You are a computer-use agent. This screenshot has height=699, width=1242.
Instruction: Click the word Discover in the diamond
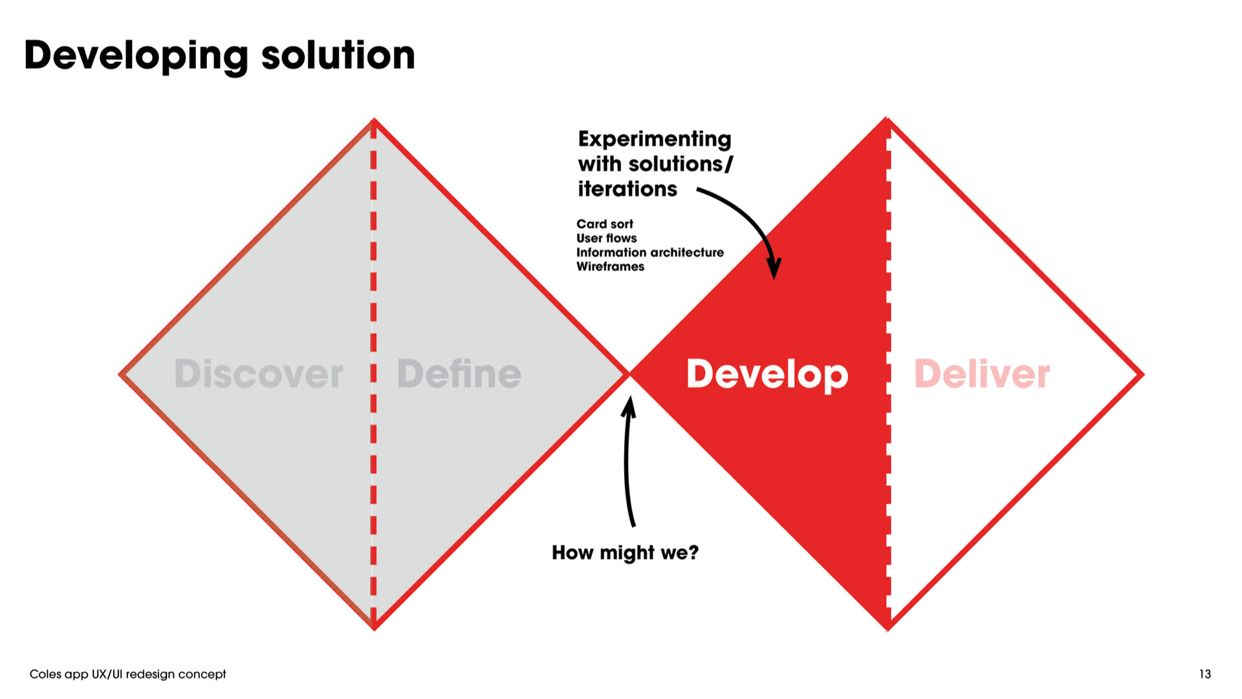(x=259, y=374)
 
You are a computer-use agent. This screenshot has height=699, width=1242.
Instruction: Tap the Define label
(x=459, y=374)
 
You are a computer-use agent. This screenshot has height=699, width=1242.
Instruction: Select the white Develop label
(x=767, y=375)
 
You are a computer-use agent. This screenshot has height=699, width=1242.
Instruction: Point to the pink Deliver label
(x=981, y=374)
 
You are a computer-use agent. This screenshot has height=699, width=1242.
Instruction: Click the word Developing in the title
(x=136, y=56)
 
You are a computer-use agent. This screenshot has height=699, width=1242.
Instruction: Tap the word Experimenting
(x=655, y=139)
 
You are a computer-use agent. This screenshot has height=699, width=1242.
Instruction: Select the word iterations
(x=627, y=189)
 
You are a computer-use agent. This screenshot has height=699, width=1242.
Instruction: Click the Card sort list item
(x=605, y=224)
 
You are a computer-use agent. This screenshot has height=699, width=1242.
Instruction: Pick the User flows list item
(x=607, y=238)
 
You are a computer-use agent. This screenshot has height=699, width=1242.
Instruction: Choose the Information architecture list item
(x=650, y=252)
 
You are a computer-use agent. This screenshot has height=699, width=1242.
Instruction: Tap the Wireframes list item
(x=611, y=267)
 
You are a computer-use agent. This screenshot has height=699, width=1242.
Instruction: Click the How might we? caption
(x=625, y=553)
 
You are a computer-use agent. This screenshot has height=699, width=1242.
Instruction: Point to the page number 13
(x=1204, y=674)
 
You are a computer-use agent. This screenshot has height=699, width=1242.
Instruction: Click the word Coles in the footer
(x=45, y=674)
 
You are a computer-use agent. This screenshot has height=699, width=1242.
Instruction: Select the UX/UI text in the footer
(x=107, y=674)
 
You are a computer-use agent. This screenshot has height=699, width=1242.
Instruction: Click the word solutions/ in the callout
(x=690, y=164)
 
